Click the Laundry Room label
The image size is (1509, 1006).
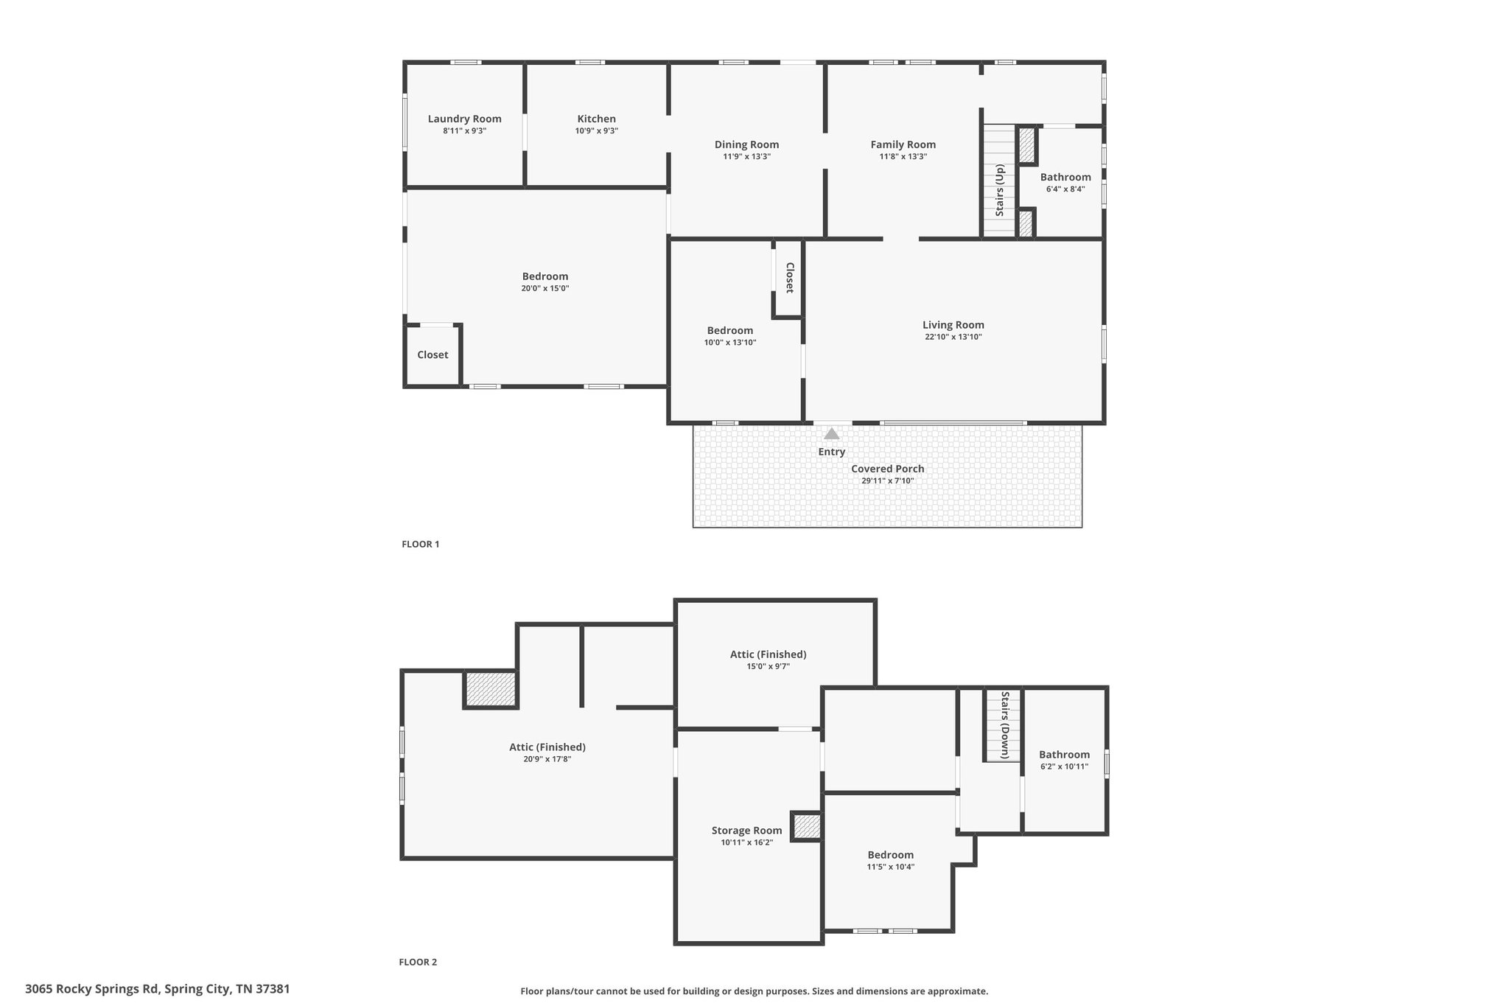coord(464,119)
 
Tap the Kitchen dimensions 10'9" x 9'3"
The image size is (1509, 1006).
coord(597,131)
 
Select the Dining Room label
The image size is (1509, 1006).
coord(746,144)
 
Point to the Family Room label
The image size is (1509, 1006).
coord(903,144)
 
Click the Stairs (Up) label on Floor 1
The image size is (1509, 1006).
coord(1000,190)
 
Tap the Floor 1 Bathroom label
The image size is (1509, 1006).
coord(1065,177)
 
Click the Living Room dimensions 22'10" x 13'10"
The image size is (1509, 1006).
coord(953,338)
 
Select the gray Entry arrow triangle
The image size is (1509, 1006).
coord(831,433)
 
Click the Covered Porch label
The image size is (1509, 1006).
coord(887,469)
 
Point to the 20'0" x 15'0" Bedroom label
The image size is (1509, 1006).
coord(545,276)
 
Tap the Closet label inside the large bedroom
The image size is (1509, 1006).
coord(433,354)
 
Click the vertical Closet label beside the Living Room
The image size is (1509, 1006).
coord(789,278)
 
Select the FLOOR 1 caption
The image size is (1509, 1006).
coord(420,545)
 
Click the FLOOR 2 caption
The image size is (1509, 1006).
coord(418,962)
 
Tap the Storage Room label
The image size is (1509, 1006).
coord(746,831)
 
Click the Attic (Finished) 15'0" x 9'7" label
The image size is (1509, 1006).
coord(768,654)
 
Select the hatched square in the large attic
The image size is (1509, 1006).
coord(491,690)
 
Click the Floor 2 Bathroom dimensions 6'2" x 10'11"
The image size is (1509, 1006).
coord(1064,766)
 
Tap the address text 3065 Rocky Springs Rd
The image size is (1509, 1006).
coord(93,989)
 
